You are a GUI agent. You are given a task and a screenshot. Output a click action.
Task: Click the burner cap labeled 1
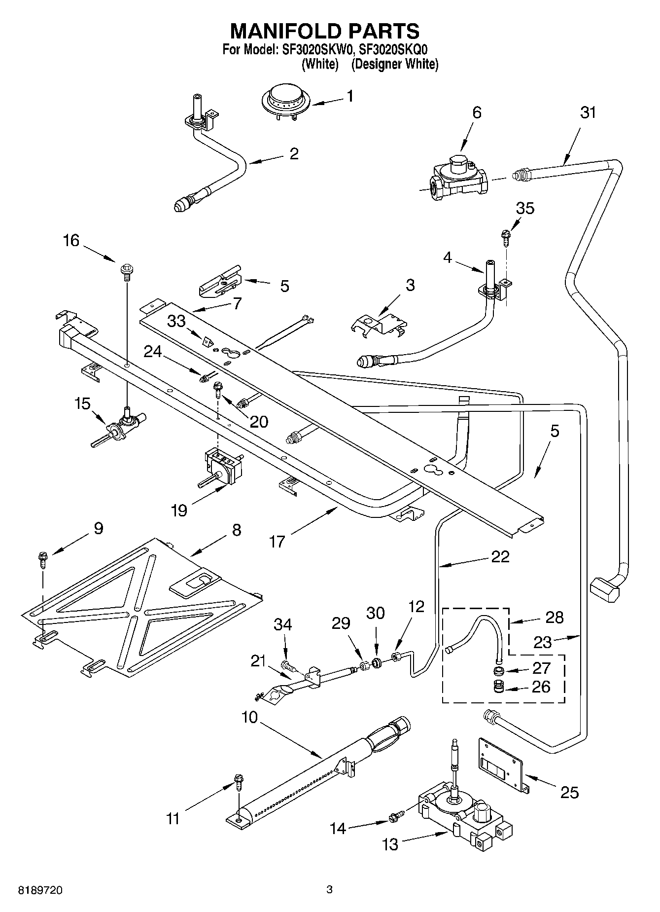coord(282,101)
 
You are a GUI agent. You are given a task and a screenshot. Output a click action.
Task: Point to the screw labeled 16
coord(126,271)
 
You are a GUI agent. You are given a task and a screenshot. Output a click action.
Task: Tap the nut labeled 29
coord(365,666)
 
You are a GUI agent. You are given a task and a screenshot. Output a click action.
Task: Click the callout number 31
coord(588,112)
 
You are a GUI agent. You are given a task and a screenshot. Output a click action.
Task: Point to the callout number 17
coord(278,542)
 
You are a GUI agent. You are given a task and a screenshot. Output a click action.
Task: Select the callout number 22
coord(500,556)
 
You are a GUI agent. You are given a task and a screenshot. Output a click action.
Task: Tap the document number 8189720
coord(40,891)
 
